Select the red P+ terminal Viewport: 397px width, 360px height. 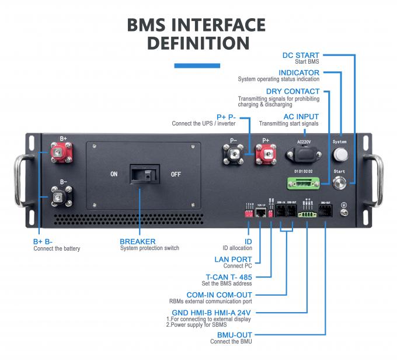click(x=266, y=155)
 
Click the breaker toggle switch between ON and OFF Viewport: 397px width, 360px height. click(x=145, y=174)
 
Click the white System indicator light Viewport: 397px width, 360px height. click(x=339, y=155)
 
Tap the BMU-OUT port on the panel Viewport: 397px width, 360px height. click(x=326, y=213)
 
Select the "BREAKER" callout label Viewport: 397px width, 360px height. click(x=137, y=241)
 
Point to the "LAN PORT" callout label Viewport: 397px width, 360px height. click(x=233, y=259)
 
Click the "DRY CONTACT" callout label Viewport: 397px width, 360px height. click(x=292, y=91)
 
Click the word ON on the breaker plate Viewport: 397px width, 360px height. click(x=114, y=174)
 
